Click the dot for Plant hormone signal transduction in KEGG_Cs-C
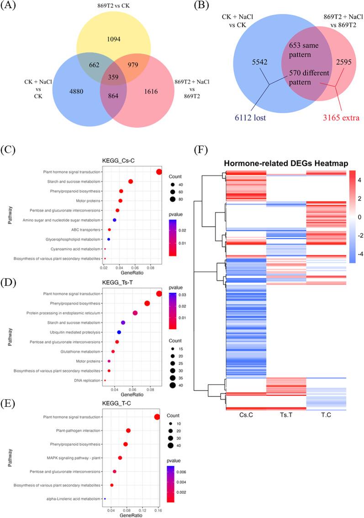(x=159, y=172)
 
